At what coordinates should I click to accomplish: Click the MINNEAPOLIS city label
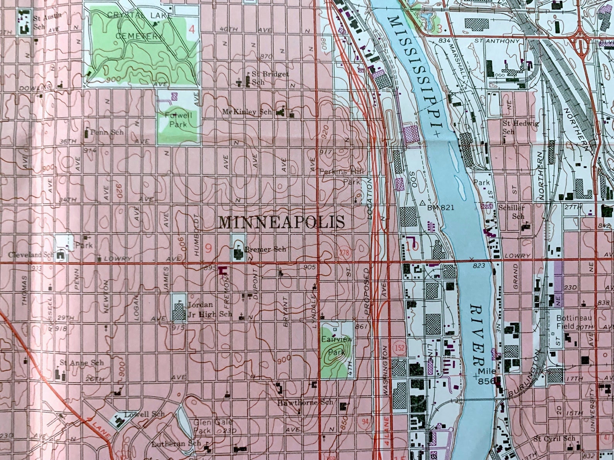point(281,222)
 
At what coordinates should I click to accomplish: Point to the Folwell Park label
point(178,120)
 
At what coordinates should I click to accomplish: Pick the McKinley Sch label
point(247,112)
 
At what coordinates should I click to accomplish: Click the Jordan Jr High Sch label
point(209,309)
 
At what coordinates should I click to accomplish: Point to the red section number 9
point(208,248)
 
